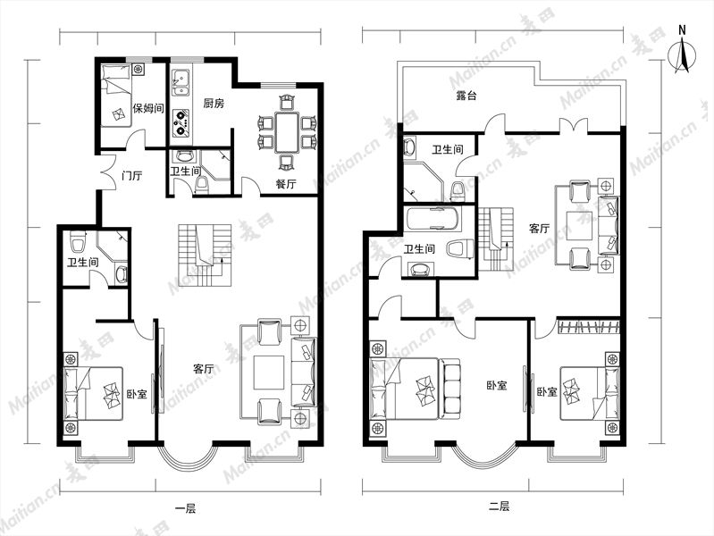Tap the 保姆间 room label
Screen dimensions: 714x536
tap(148, 108)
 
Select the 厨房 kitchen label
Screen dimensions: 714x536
tap(214, 104)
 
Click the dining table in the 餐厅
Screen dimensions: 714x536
tap(287, 132)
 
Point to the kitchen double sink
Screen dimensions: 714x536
tap(181, 83)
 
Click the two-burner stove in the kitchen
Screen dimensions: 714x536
tap(181, 122)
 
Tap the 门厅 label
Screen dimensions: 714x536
tap(132, 175)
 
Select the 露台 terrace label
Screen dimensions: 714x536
tap(466, 96)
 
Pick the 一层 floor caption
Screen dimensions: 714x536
tap(185, 508)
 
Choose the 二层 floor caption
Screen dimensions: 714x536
tap(499, 506)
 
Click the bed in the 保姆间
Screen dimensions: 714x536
tap(115, 96)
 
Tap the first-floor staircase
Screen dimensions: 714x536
tap(205, 255)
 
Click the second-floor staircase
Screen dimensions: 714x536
tap(495, 239)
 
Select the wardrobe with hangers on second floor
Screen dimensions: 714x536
tap(589, 327)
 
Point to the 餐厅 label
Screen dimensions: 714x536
tap(286, 184)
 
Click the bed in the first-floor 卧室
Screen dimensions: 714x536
tap(93, 393)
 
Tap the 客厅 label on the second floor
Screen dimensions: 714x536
tap(540, 228)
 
